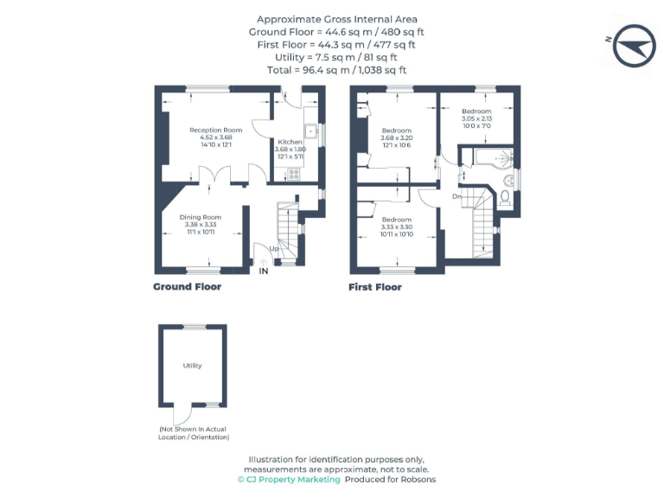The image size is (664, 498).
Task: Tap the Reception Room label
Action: coord(216,137)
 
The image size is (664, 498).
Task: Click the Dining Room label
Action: coord(201,224)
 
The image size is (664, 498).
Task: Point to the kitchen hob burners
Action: coord(293,174)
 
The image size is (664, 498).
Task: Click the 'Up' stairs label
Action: coord(273,249)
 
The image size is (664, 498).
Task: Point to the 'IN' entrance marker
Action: coord(264,271)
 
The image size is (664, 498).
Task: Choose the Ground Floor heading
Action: coord(187,287)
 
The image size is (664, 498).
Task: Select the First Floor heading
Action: coord(375,287)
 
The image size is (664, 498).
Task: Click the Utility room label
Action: coord(192,366)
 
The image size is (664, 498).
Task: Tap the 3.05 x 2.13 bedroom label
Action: coord(476,118)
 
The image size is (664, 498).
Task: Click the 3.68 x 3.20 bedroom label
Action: coord(397,137)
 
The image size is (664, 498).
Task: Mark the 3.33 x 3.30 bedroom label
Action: coord(397,227)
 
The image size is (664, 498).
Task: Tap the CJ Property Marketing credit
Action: coord(289,479)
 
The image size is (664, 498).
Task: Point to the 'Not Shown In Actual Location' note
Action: coord(194,433)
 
